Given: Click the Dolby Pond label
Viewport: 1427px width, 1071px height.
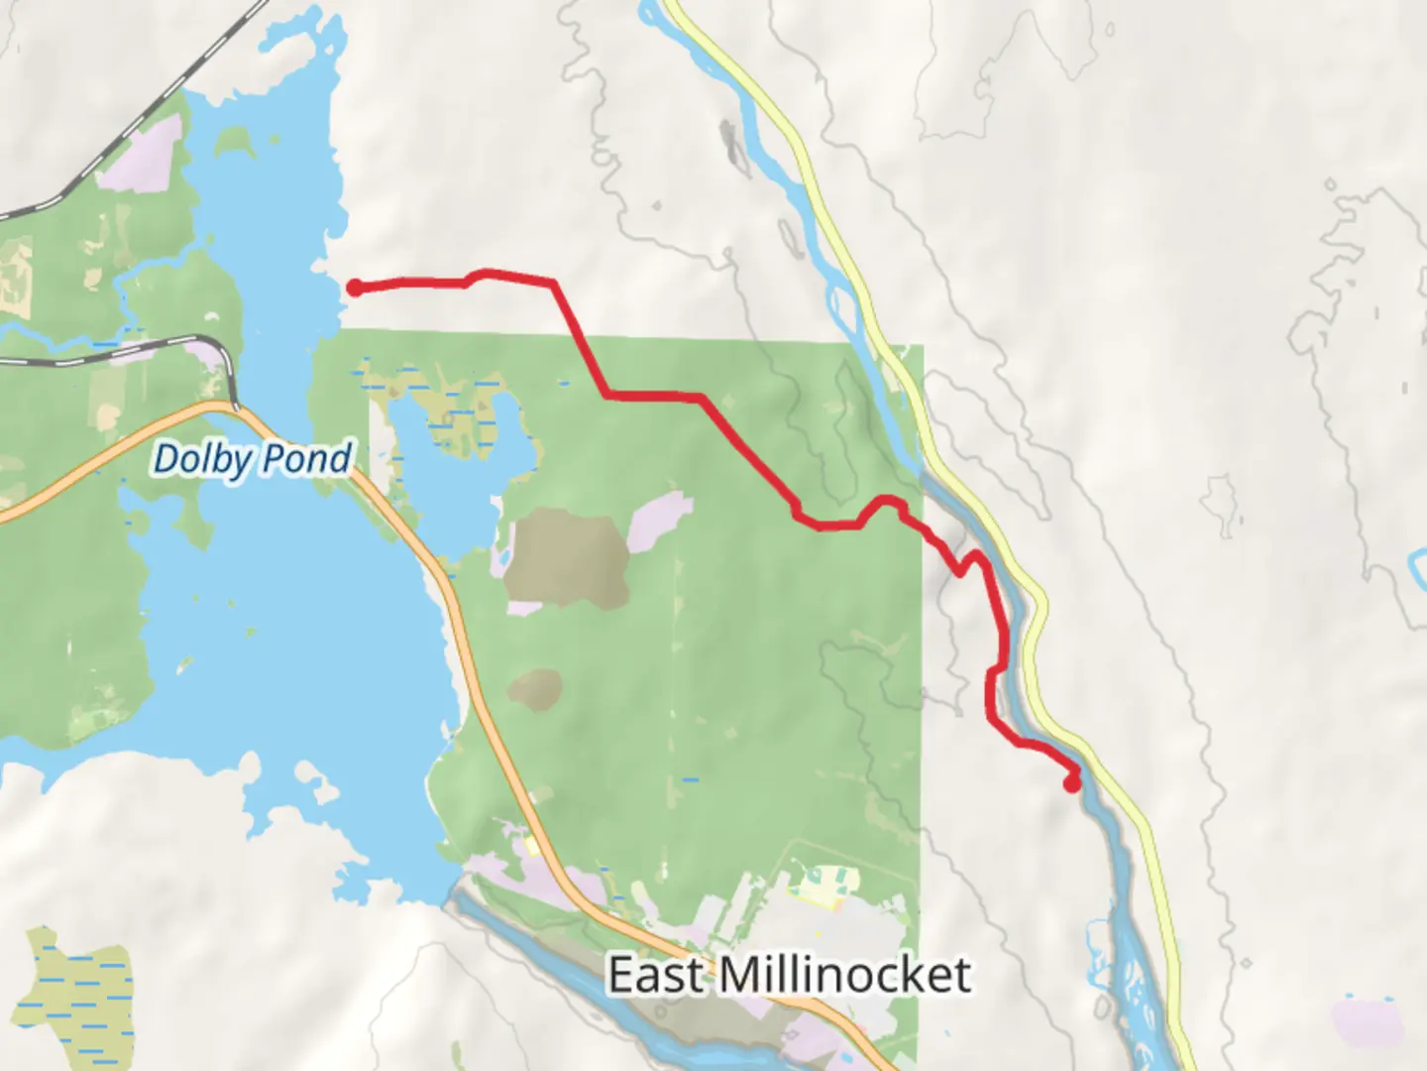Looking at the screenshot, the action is tap(253, 459).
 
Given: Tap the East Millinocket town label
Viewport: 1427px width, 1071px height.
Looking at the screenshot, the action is tap(789, 975).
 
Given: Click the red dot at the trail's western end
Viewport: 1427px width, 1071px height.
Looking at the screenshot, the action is tap(354, 288).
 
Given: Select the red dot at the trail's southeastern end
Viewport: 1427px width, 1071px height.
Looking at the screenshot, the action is tap(1071, 784).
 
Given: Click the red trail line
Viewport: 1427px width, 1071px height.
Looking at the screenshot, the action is tap(654, 396).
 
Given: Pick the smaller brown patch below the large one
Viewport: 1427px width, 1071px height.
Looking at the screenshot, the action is tap(536, 687).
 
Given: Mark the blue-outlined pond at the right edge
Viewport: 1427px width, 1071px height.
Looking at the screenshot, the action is tap(1418, 570).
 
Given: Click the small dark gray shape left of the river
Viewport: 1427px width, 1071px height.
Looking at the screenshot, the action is tap(732, 145).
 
